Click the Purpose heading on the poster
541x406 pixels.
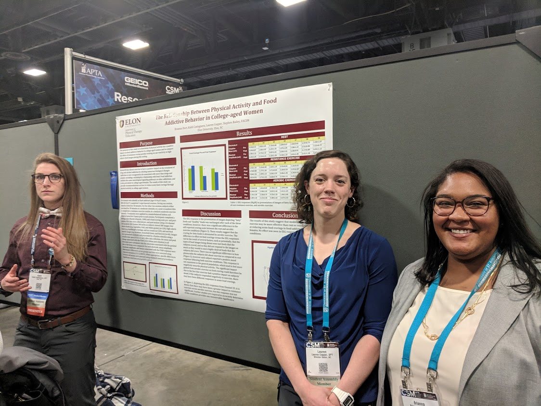[x=147, y=144]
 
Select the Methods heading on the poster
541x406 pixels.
[x=147, y=195]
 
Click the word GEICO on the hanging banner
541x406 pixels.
[x=136, y=82]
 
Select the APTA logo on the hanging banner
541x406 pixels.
[x=91, y=71]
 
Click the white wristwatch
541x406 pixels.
[x=343, y=396]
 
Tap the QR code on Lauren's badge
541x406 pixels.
[x=322, y=367]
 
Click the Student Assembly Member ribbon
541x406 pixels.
[x=323, y=380]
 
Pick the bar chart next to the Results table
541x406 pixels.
[x=204, y=172]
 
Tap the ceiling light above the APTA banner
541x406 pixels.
[x=136, y=44]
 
